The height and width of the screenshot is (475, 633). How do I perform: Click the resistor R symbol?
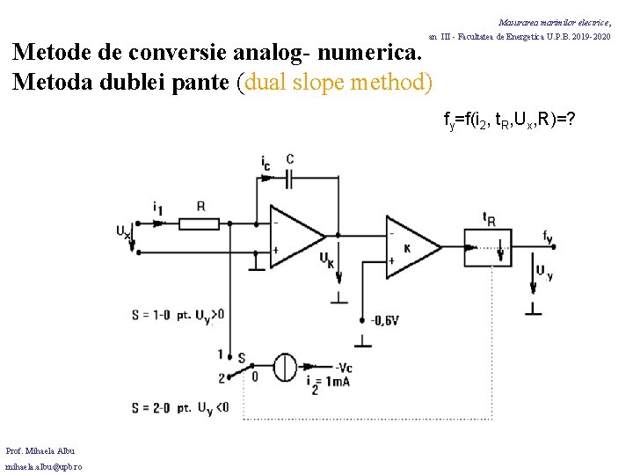(199, 223)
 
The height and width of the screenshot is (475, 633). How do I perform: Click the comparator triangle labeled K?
(411, 244)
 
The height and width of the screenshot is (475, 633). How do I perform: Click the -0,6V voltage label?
(384, 320)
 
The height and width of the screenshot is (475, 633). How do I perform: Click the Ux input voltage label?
(123, 231)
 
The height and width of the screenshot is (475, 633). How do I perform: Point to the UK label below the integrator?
(326, 259)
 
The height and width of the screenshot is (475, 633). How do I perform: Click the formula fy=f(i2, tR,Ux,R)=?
(509, 120)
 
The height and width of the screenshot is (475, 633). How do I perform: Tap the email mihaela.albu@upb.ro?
(44, 466)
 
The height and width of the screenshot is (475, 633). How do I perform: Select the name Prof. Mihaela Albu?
(40, 450)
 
